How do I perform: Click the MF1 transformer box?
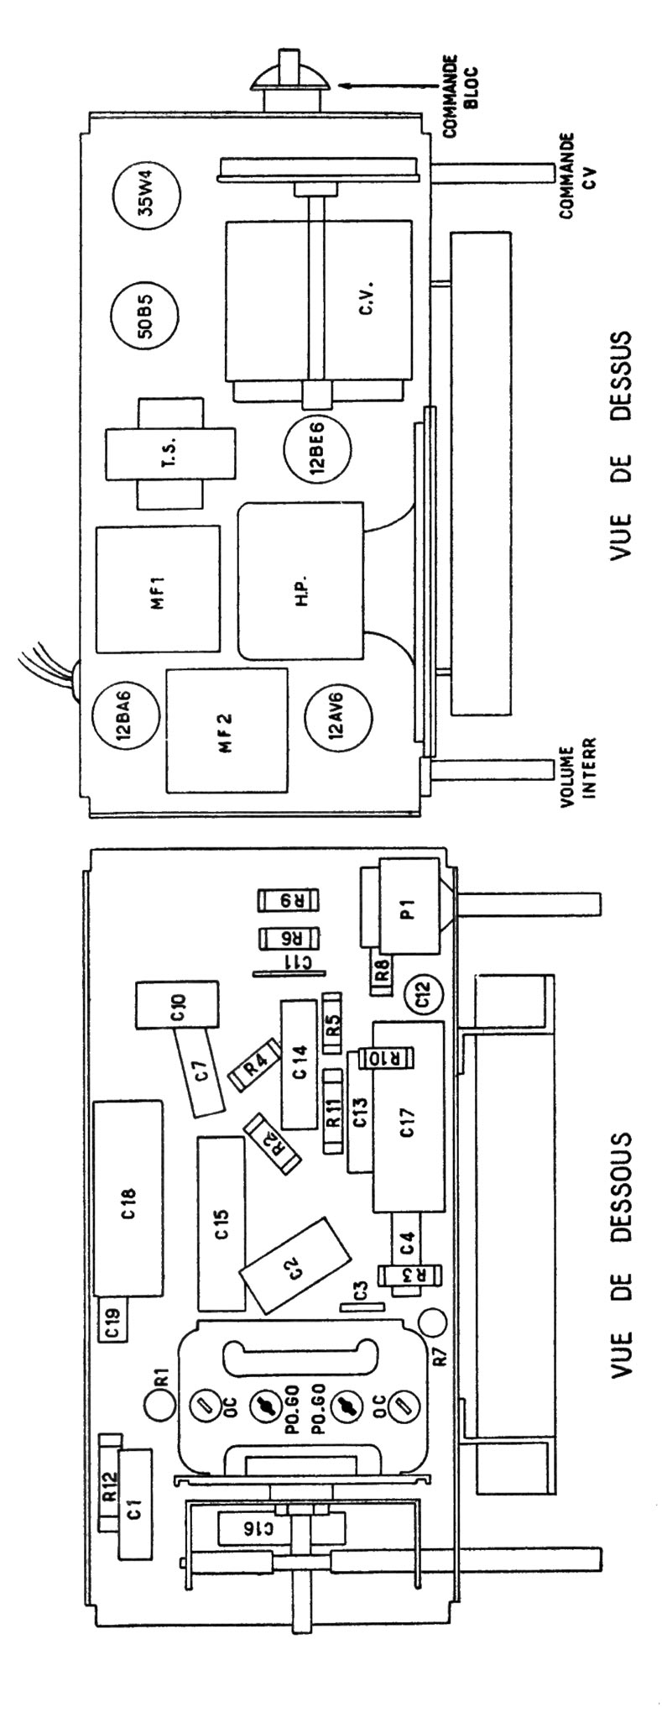tap(158, 589)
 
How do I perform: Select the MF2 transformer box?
tap(227, 730)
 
